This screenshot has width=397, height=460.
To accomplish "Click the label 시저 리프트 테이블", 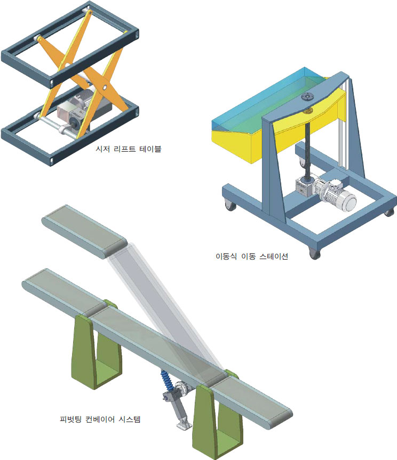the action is (x=128, y=149).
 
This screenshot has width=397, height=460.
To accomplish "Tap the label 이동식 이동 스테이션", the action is (x=252, y=256).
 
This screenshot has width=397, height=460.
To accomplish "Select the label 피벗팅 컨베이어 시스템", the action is (x=100, y=419).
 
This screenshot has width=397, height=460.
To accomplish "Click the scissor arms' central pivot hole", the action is (x=105, y=88).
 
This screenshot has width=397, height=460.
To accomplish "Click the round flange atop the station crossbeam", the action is (x=308, y=97).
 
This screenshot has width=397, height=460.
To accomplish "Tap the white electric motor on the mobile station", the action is (x=339, y=195).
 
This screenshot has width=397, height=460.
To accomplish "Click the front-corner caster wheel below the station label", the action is (x=314, y=253).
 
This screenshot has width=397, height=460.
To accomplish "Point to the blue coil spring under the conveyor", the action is (x=166, y=380).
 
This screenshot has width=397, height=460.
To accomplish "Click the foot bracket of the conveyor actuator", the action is (x=184, y=426).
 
